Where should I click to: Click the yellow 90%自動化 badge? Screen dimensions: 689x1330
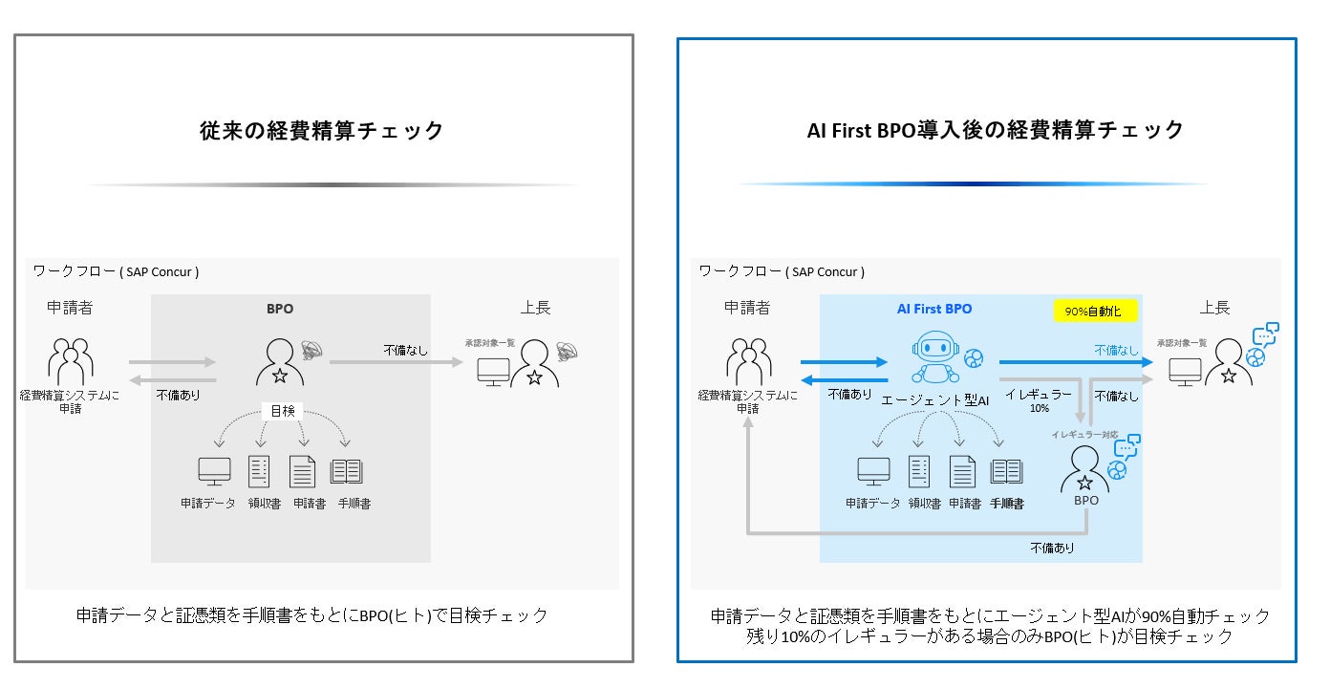coord(1095,312)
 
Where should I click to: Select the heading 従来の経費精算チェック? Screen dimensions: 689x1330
coord(322,131)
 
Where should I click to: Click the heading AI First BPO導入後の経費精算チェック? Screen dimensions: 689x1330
coord(996,130)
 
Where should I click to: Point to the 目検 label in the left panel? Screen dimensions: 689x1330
coord(283,411)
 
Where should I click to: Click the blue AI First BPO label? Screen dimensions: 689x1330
coord(933,309)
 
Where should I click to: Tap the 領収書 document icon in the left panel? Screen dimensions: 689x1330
coord(259,471)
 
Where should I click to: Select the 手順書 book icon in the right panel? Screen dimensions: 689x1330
coord(1006,471)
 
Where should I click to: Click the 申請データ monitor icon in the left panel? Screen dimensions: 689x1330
coord(214,471)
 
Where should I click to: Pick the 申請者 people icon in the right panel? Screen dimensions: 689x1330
coord(747,361)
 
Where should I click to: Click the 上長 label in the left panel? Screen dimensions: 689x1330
coord(535,308)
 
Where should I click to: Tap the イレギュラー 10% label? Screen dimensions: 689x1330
coord(1039,399)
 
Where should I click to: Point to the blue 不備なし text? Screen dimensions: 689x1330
coord(1116,351)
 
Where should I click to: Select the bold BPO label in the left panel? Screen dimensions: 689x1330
coord(280,309)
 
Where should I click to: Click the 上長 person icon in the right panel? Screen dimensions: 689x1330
coord(1228,364)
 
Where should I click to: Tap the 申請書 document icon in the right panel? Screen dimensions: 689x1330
coord(962,471)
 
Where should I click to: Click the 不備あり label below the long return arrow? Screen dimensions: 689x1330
coord(1051,548)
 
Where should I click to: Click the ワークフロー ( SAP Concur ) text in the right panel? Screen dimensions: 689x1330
coord(782,271)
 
